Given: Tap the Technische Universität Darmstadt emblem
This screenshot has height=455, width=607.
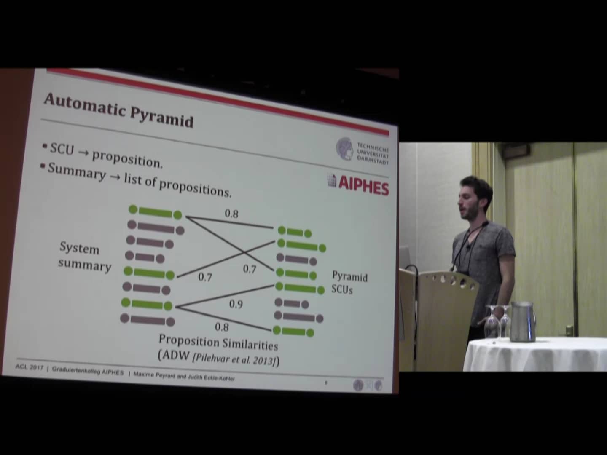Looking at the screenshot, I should tap(344, 149).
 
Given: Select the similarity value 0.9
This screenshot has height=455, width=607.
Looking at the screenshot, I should tap(236, 304).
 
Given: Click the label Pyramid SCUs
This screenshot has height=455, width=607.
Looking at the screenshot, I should tap(349, 282).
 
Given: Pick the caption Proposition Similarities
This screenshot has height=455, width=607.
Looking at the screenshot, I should tap(218, 342).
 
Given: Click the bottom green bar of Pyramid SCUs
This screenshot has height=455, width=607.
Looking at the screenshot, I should tap(293, 331).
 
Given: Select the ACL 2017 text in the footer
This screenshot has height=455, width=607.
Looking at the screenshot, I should tap(29, 367).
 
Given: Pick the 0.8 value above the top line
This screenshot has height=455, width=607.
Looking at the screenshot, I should tap(231, 214).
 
